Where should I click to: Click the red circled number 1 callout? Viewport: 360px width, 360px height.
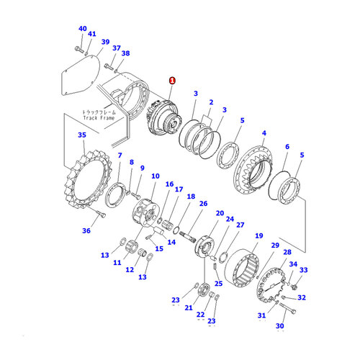click(171, 81)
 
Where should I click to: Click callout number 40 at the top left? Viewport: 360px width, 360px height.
click(81, 29)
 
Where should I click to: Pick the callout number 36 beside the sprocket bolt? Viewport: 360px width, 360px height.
click(87, 231)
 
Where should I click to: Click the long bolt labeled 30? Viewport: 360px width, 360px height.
click(289, 309)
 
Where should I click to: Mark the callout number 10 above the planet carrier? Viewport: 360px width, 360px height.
click(155, 176)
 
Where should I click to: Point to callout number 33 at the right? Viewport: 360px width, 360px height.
click(303, 270)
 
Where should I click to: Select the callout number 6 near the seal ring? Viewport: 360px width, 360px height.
click(287, 146)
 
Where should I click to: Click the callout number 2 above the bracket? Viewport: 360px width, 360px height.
click(211, 103)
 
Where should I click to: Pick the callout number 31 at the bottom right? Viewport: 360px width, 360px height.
click(261, 315)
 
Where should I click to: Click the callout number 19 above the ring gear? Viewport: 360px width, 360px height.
click(258, 235)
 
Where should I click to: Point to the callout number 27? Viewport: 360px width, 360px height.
click(240, 225)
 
